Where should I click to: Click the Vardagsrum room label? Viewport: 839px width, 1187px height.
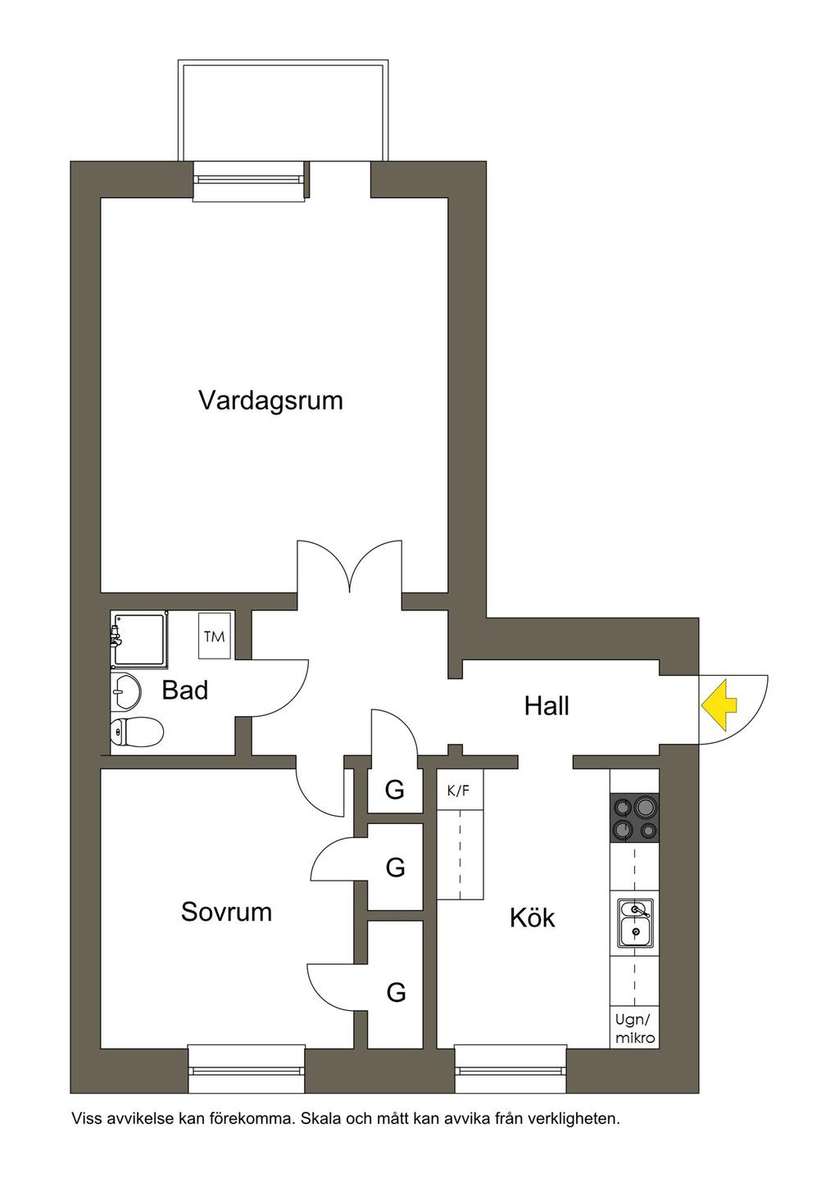270,401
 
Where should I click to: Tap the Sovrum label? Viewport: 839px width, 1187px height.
226,912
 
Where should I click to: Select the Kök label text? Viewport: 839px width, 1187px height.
532,917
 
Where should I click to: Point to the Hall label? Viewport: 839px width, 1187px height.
546,706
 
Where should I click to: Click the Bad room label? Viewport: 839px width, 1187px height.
184,691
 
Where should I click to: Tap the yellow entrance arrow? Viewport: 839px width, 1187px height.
719,704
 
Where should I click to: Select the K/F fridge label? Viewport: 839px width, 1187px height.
459,791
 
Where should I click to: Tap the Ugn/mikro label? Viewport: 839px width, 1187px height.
636,1029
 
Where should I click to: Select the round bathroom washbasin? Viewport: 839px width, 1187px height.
125,693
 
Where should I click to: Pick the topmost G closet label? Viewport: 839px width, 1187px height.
395,791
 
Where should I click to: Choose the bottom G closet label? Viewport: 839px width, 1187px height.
396,993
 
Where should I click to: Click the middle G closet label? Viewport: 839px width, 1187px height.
395,867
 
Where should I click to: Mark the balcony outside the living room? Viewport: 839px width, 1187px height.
282,111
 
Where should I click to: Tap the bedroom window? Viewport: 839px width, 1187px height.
246,1068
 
